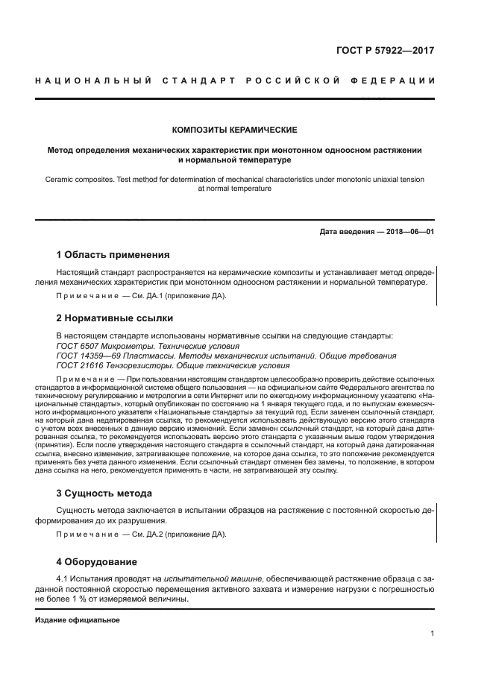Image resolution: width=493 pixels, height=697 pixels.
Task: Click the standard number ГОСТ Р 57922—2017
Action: coord(386,51)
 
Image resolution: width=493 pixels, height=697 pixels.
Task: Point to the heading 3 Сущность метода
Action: coord(104,493)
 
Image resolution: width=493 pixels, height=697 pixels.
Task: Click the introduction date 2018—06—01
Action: coord(408,232)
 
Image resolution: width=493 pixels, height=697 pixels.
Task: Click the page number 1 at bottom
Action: coord(432,634)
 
